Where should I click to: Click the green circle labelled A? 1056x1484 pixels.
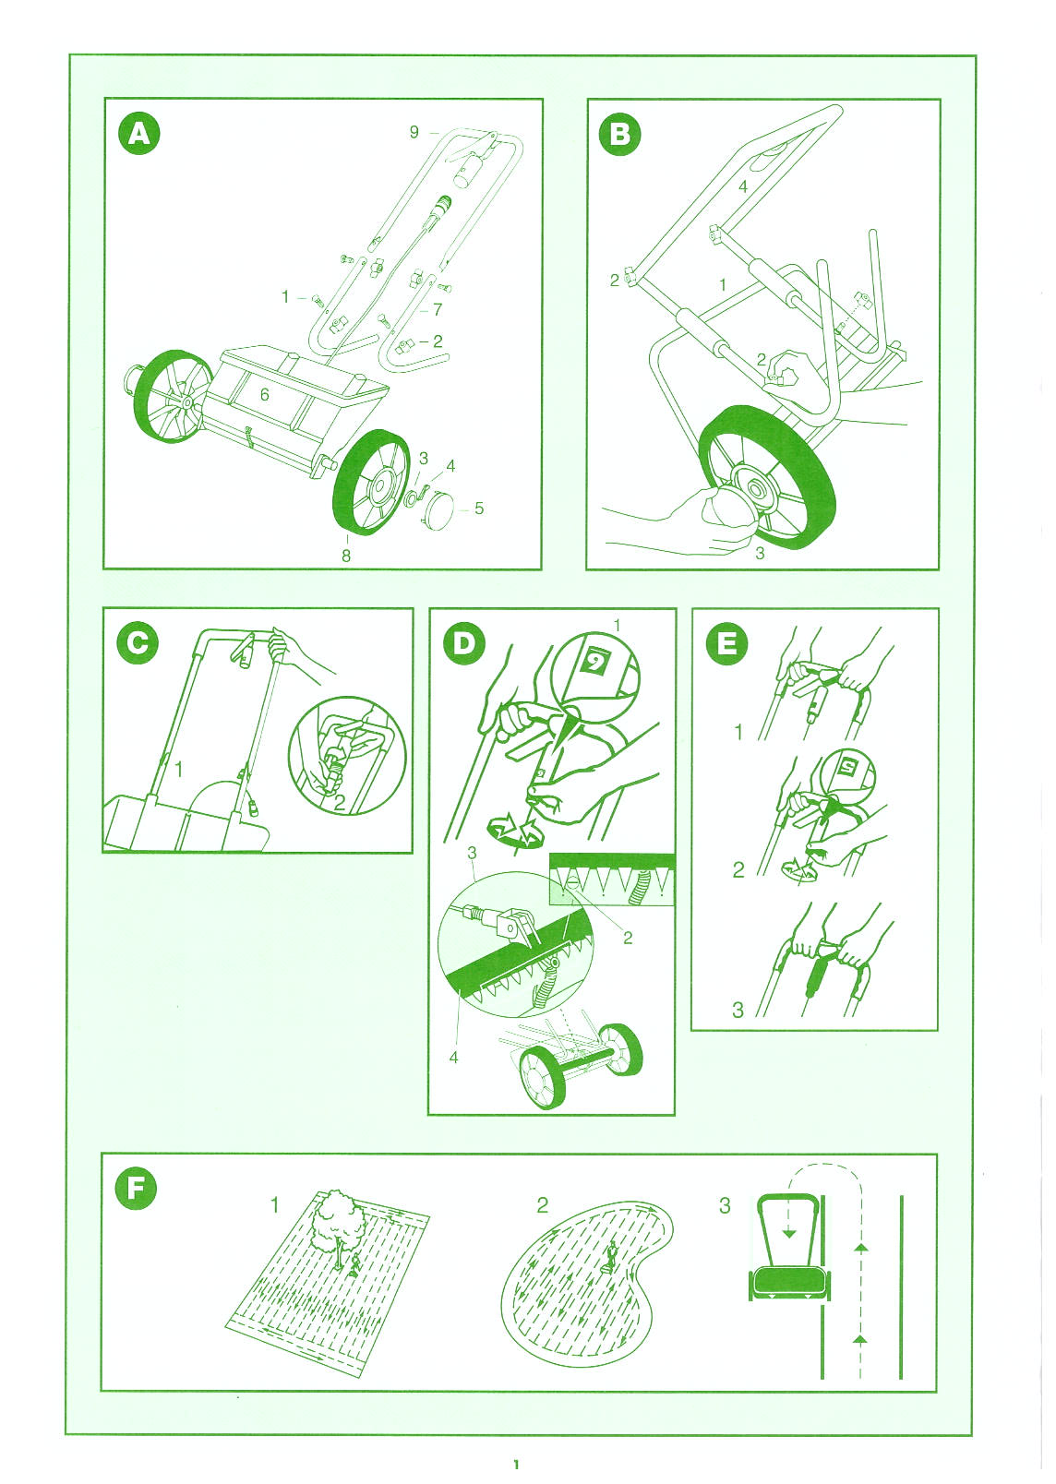pos(139,135)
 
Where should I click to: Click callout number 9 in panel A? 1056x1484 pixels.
pos(414,133)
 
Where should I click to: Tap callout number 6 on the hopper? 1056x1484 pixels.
pos(264,395)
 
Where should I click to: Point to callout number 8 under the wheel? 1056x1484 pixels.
pos(346,556)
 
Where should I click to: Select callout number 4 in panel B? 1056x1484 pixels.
pos(743,186)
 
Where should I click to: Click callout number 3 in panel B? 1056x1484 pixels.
pos(760,553)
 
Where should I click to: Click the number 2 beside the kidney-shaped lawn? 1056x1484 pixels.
pos(543,1205)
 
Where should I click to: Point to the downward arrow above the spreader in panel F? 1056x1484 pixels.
pos(787,1227)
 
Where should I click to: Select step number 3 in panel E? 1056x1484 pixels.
pos(738,1011)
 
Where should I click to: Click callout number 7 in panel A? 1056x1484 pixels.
pos(438,309)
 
